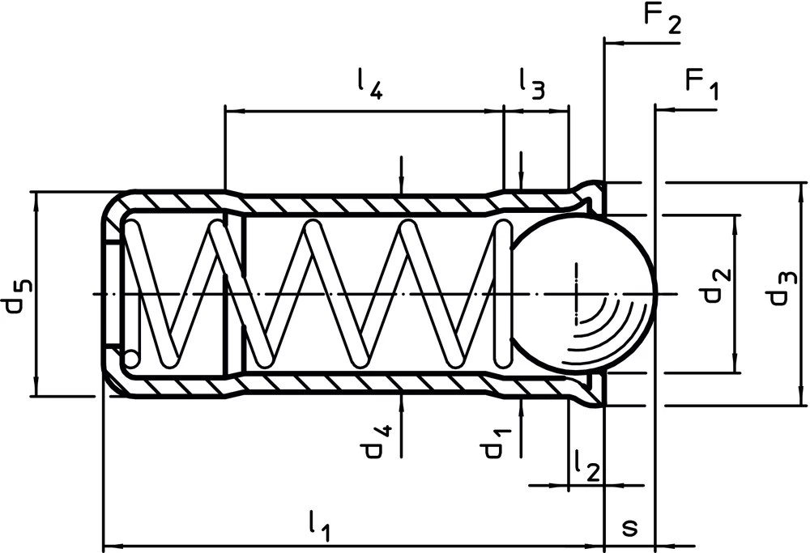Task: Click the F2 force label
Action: pos(663,18)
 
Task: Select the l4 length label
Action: pos(370,84)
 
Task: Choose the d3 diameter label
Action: pos(782,288)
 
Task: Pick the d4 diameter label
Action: pos(378,442)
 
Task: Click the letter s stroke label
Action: pos(629,528)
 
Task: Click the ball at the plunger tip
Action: pos(582,294)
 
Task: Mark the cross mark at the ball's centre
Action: pos(576,294)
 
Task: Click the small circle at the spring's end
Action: pos(130,359)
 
